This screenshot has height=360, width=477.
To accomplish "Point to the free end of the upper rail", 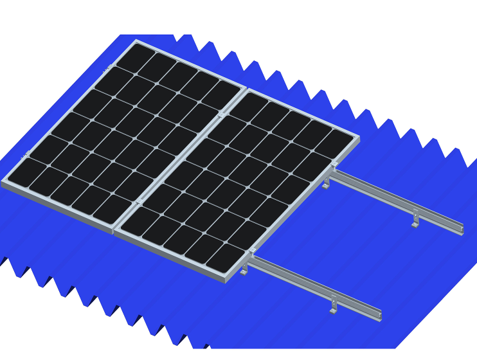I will click(x=461, y=230).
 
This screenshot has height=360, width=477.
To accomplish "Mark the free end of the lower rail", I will click(x=379, y=316).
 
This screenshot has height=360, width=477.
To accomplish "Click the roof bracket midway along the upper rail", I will click(x=415, y=221).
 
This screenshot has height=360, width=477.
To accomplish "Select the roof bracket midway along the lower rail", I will click(x=333, y=307).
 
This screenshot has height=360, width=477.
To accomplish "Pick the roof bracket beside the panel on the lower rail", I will click(x=244, y=271).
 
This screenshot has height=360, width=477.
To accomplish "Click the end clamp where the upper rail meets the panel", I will click(x=334, y=165).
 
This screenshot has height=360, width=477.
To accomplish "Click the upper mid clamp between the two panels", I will click(x=222, y=114).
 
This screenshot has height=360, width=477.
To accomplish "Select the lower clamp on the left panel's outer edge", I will click(x=27, y=154).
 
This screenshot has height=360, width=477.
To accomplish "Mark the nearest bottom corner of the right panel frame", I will click(x=226, y=280).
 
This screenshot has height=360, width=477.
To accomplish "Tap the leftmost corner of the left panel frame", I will click(x=3, y=183).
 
